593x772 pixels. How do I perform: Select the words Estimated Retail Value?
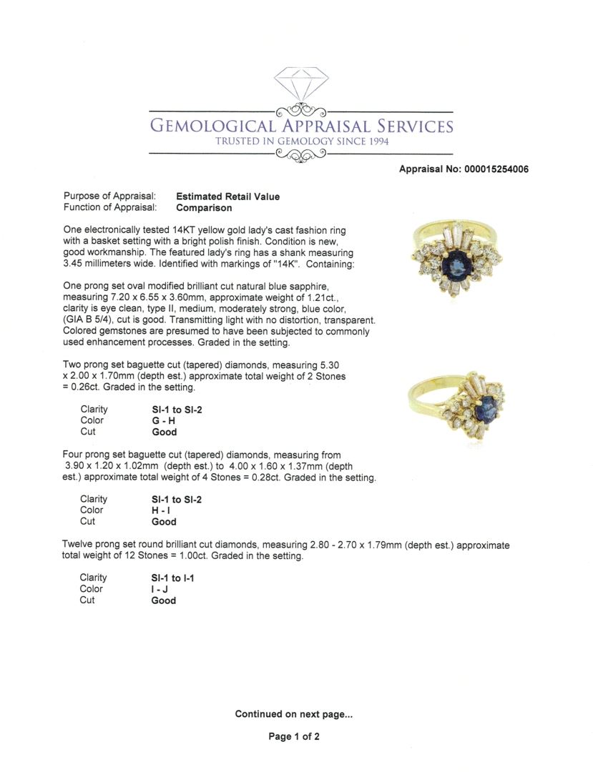[227, 197]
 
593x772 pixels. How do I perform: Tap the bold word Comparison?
[204, 208]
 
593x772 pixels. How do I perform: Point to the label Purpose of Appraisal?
[109, 197]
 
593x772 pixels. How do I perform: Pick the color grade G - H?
[158, 421]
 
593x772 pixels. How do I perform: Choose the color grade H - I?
[157, 510]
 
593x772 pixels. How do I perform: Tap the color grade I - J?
[157, 589]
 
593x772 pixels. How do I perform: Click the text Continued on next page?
[293, 713]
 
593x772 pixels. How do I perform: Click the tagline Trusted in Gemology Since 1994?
[301, 142]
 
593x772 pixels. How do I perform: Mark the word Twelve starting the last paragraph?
[78, 545]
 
